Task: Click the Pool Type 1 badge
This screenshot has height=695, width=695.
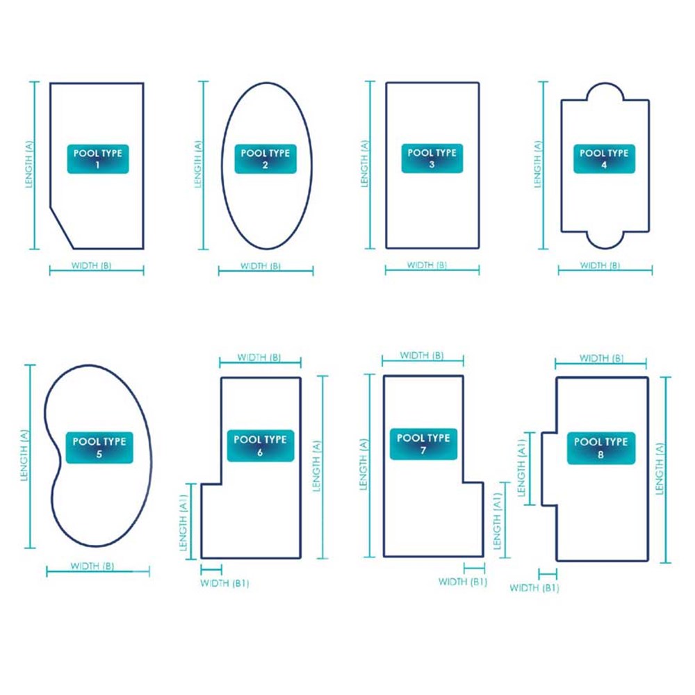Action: pyautogui.click(x=98, y=158)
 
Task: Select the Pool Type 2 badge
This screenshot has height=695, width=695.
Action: pyautogui.click(x=265, y=158)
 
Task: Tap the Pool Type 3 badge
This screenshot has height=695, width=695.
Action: pyautogui.click(x=432, y=158)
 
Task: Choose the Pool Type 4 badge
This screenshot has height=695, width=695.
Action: pyautogui.click(x=604, y=158)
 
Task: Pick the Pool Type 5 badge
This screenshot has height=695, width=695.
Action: pyautogui.click(x=99, y=448)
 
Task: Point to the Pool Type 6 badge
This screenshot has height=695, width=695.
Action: pyautogui.click(x=261, y=445)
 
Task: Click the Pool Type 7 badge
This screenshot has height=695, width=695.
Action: pyautogui.click(x=423, y=444)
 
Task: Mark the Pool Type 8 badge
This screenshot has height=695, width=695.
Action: pyautogui.click(x=601, y=448)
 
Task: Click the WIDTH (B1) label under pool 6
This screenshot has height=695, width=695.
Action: pyautogui.click(x=224, y=583)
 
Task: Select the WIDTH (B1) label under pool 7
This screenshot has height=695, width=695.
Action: pyautogui.click(x=463, y=582)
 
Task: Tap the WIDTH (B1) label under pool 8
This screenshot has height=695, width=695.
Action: pyautogui.click(x=534, y=588)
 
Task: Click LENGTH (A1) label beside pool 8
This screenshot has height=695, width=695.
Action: pyautogui.click(x=521, y=468)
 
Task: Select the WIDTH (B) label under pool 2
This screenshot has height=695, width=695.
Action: pyautogui.click(x=261, y=266)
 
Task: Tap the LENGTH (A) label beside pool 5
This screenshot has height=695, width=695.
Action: pyautogui.click(x=24, y=456)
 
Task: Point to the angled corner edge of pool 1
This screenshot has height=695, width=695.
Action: pyautogui.click(x=62, y=227)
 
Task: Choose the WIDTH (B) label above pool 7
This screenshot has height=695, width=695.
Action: pyautogui.click(x=422, y=355)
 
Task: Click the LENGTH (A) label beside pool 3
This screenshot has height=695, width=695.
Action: pyautogui.click(x=365, y=164)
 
